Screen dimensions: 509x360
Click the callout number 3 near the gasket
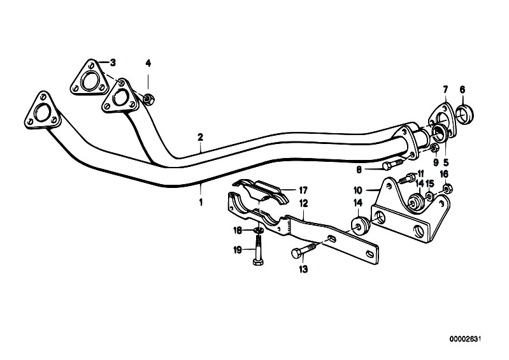(113, 62)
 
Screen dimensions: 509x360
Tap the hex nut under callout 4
(148, 99)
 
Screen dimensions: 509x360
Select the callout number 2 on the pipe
(200, 137)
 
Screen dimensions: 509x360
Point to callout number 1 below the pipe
(201, 202)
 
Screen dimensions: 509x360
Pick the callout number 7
(445, 89)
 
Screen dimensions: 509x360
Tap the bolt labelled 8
(393, 165)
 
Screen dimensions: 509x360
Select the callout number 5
(446, 162)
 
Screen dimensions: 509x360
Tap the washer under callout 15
(429, 196)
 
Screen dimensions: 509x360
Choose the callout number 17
(303, 190)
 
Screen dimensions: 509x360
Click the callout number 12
(303, 203)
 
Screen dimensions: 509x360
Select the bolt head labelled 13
(297, 253)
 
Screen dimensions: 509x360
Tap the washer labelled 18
(259, 231)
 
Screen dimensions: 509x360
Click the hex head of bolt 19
(258, 261)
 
